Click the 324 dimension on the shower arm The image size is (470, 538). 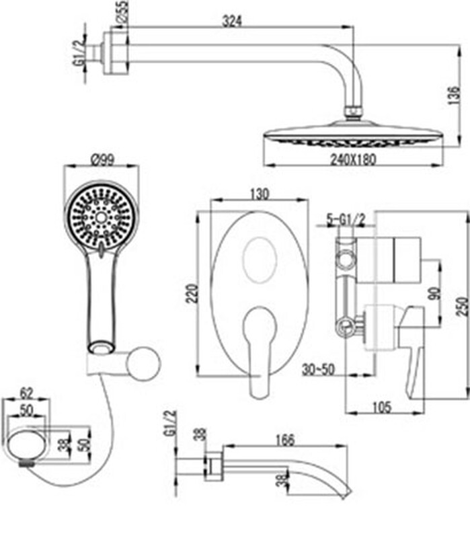click(x=232, y=21)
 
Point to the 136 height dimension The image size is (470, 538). click(x=454, y=95)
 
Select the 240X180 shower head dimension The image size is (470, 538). click(x=353, y=159)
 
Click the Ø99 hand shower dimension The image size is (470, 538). click(x=102, y=160)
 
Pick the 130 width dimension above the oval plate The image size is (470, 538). click(x=259, y=194)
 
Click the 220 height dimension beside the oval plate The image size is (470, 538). click(x=193, y=293)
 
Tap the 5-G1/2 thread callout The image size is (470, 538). click(x=346, y=219)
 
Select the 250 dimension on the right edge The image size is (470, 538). click(x=463, y=307)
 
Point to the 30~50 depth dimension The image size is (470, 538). click(x=318, y=369)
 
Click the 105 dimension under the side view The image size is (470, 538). click(x=381, y=408)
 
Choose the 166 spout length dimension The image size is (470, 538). click(x=284, y=440)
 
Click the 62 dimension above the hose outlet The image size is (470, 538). click(x=27, y=393)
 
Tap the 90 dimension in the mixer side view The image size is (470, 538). click(x=435, y=294)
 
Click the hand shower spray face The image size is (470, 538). click(x=102, y=217)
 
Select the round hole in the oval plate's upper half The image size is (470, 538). click(x=259, y=260)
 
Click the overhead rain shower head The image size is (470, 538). click(x=354, y=136)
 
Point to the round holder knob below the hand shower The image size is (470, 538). click(x=143, y=364)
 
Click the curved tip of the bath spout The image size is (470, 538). click(x=346, y=493)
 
